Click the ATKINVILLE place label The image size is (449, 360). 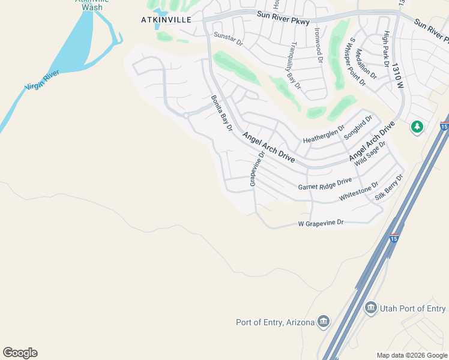pyautogui.click(x=166, y=19)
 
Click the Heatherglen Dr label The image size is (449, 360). pyautogui.click(x=324, y=134)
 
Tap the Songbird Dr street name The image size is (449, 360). pyautogui.click(x=358, y=127)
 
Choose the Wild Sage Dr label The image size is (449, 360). pyautogui.click(x=370, y=154)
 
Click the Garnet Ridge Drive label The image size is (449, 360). pyautogui.click(x=325, y=184)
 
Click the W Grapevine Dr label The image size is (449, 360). pyautogui.click(x=321, y=223)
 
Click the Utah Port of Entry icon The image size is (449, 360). pyautogui.click(x=370, y=308)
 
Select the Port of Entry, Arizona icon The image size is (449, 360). pyautogui.click(x=324, y=322)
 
